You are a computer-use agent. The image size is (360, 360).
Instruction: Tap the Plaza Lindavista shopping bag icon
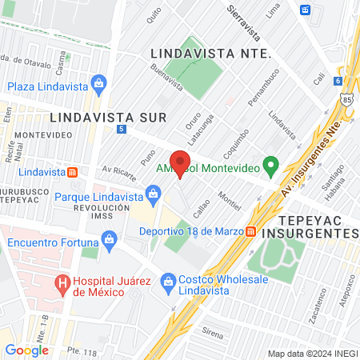[98, 83]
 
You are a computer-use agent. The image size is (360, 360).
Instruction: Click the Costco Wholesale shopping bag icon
[168, 281]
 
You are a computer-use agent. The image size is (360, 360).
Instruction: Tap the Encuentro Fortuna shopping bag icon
[109, 238]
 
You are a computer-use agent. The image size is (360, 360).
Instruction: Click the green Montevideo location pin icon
[270, 167]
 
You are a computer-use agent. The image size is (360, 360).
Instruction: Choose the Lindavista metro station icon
[72, 171]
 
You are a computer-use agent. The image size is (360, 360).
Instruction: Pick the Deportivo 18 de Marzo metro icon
[251, 231]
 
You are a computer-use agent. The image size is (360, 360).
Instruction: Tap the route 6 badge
[339, 82]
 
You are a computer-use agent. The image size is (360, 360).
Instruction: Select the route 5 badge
[121, 129]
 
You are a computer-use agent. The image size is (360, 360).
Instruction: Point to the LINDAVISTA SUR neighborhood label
[107, 117]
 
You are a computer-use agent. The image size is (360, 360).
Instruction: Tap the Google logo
[26, 350]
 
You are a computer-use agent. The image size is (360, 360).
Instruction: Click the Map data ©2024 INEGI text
[312, 354]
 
